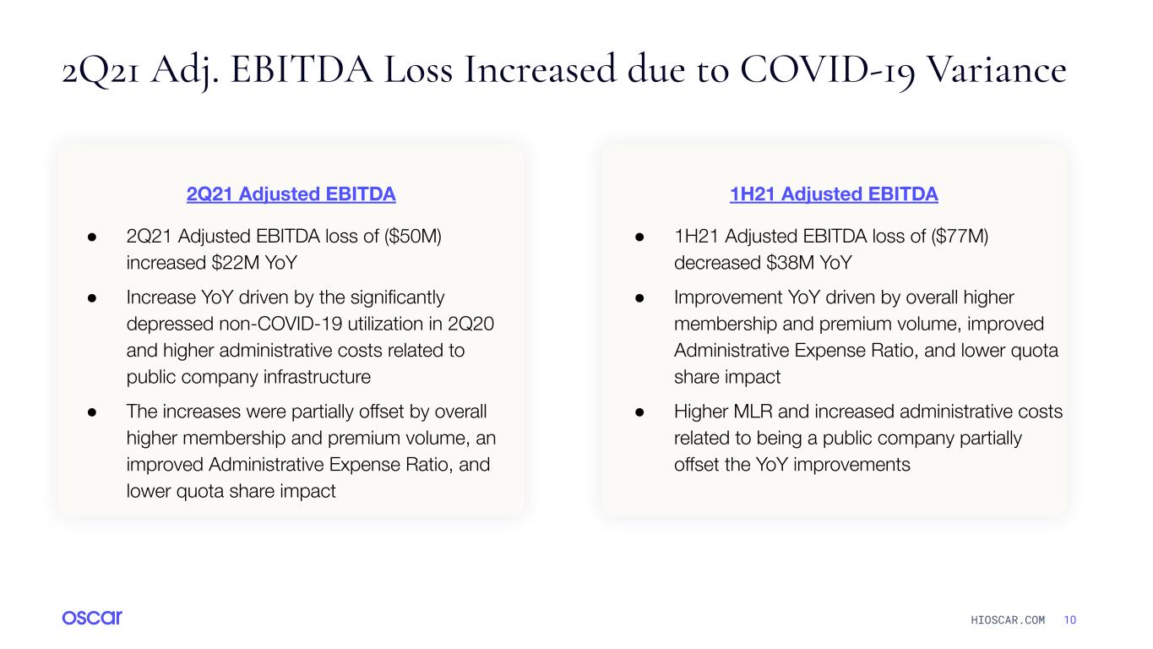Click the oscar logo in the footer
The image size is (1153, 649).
(x=92, y=618)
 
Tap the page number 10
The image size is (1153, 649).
(x=1069, y=620)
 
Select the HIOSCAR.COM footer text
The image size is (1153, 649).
(x=1008, y=620)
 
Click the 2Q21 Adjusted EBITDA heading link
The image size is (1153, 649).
(x=291, y=194)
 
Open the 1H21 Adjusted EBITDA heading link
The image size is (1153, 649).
(x=834, y=194)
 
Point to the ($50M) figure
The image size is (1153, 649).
(x=412, y=237)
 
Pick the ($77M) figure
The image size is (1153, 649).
(x=960, y=237)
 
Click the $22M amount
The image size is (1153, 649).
(x=235, y=263)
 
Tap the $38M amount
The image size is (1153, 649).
(x=790, y=263)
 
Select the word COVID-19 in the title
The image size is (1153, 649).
(x=828, y=70)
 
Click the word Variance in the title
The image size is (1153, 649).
(x=996, y=69)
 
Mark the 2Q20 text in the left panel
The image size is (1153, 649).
(x=471, y=324)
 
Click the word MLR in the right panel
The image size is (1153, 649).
(x=753, y=412)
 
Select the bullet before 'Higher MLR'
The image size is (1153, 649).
(x=639, y=412)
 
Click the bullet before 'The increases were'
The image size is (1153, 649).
(x=92, y=412)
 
